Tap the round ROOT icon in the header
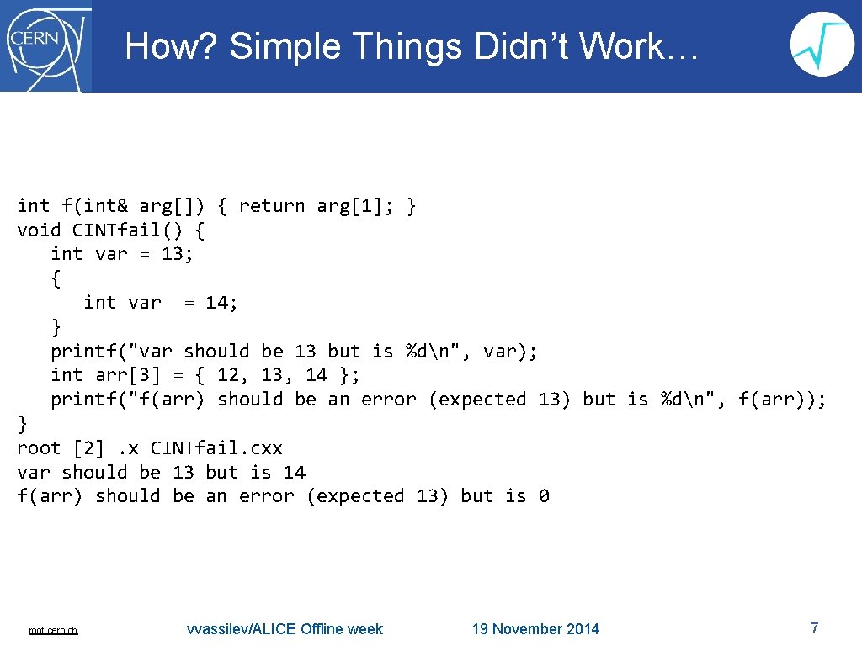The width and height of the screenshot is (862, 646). point(822,45)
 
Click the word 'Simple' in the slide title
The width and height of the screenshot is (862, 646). point(282,47)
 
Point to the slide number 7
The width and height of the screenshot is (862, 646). point(814,627)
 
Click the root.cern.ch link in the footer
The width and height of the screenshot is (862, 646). point(53,630)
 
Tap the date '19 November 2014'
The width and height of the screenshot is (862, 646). point(535,629)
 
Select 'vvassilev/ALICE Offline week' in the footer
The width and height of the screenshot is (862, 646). point(285,629)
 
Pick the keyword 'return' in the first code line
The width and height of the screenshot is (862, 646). point(271,206)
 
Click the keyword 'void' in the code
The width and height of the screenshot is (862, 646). point(39,230)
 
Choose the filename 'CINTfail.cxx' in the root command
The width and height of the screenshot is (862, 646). point(216,448)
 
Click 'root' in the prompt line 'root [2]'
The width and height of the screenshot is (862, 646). point(39,448)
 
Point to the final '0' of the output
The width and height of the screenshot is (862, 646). point(544,496)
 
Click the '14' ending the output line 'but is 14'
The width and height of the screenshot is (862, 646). point(294,473)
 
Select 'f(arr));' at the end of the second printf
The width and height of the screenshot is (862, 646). point(782,400)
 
